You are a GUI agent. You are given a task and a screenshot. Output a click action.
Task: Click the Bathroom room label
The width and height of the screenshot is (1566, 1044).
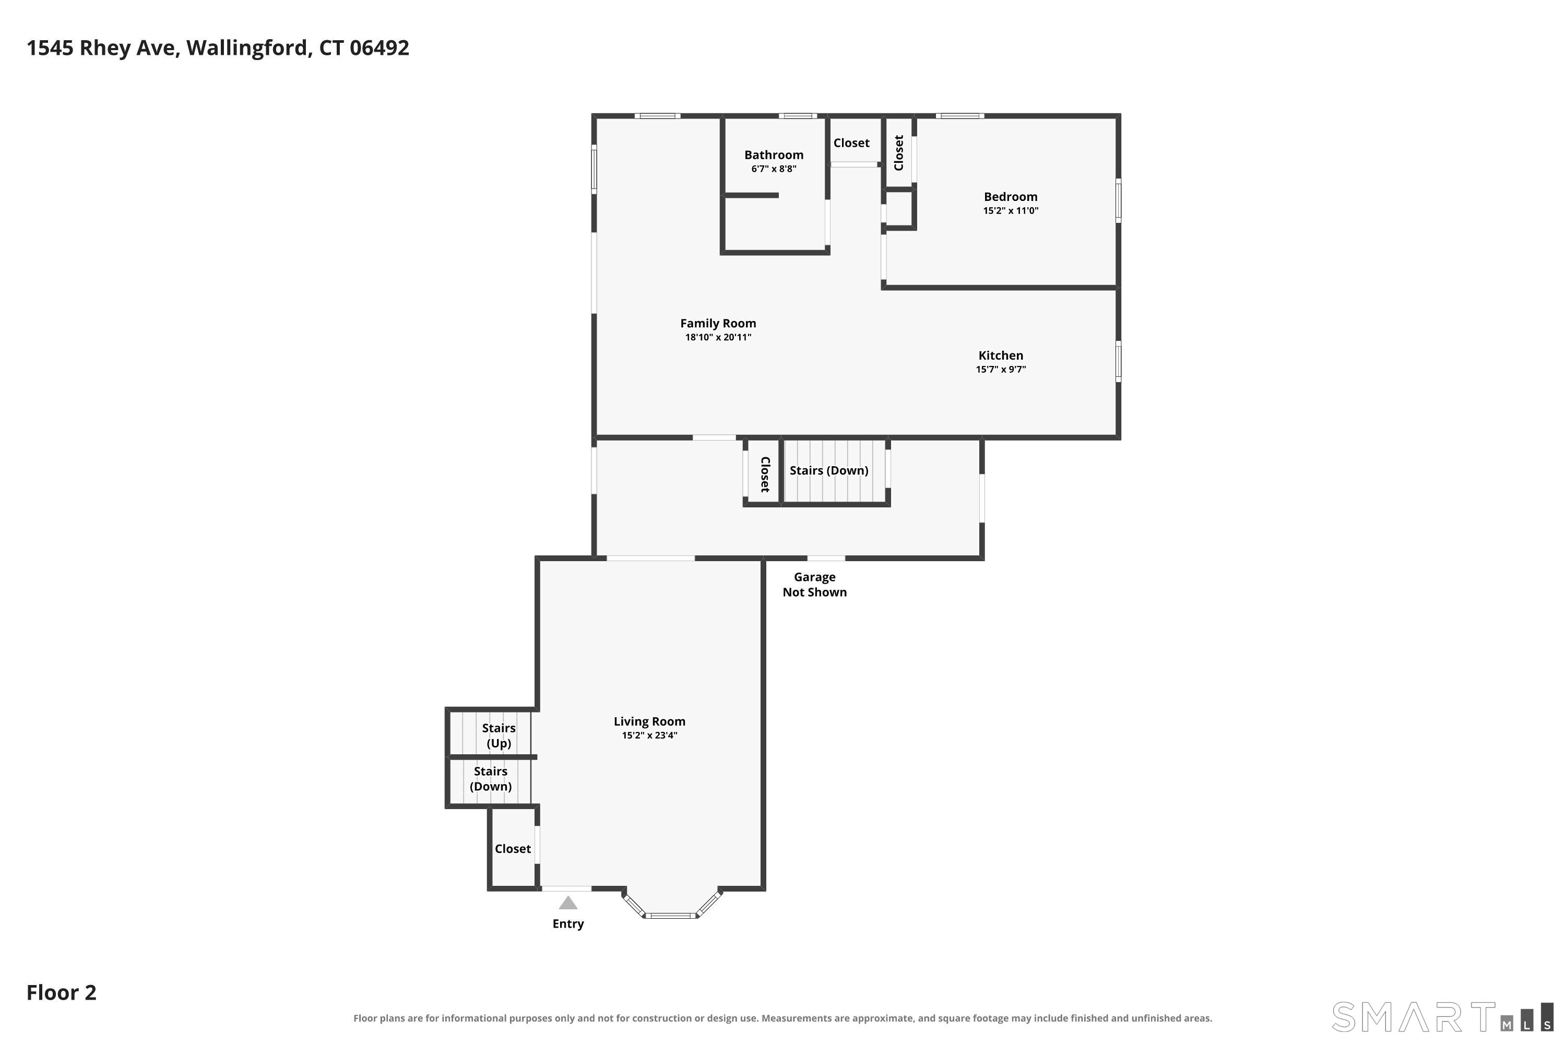pos(774,155)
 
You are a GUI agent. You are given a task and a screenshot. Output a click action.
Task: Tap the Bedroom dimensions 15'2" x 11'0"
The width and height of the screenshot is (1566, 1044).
pos(1011,210)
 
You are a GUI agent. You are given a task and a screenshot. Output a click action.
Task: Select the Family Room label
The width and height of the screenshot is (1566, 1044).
pos(718,323)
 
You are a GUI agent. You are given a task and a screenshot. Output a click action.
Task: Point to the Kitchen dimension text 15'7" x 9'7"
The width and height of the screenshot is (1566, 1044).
pos(1001,369)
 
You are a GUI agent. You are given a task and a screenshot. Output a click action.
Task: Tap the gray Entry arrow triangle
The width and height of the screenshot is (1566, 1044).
pos(568,903)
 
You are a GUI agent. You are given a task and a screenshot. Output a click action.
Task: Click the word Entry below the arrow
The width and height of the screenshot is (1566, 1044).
pos(568,923)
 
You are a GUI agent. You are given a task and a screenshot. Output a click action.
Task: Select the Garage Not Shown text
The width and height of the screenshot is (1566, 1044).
pos(814,585)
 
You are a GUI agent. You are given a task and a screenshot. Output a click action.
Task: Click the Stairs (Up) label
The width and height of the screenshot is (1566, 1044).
pos(499,735)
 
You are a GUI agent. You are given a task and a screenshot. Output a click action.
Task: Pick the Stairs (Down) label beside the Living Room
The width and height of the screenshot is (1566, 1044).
pos(491,779)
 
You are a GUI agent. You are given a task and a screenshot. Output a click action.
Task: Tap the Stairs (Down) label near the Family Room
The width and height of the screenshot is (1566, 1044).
pos(829,471)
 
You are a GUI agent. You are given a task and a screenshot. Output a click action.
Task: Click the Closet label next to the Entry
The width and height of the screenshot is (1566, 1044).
pos(513,848)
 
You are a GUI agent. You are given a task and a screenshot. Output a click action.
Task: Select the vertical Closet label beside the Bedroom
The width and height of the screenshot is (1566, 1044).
pos(899,153)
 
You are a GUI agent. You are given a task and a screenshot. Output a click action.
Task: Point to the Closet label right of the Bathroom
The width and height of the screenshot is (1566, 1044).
pos(851,143)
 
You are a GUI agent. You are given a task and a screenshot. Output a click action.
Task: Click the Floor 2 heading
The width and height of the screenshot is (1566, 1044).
pos(61,992)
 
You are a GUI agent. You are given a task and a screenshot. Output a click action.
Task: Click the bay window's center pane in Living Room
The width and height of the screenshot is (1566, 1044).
pos(670,916)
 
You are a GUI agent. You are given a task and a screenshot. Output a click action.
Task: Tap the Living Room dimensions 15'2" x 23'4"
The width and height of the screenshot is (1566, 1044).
pos(649,735)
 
